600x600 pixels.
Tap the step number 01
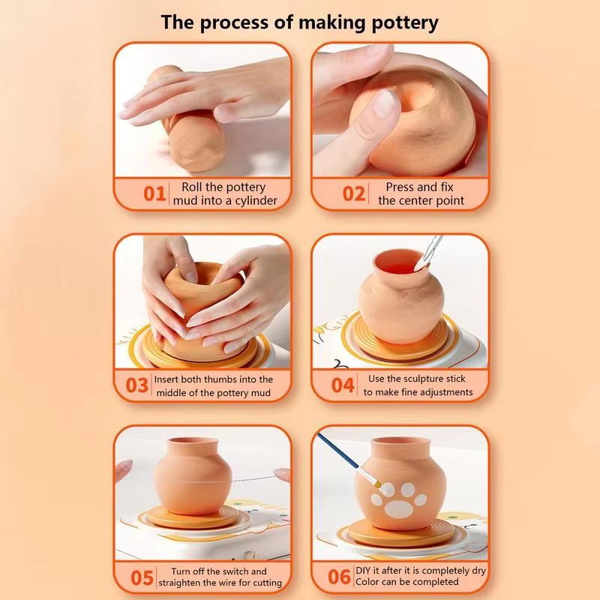click(x=154, y=194)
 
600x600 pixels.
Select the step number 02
click(x=353, y=194)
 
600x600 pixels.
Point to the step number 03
click(x=136, y=385)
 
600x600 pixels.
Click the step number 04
click(x=343, y=385)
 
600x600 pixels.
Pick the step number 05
click(x=142, y=577)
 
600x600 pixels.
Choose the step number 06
click(x=339, y=577)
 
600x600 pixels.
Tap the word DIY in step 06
click(x=364, y=571)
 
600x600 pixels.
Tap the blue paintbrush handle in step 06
click(x=337, y=451)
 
